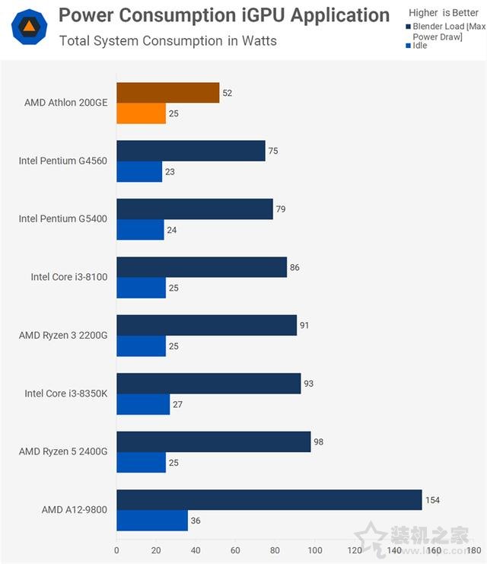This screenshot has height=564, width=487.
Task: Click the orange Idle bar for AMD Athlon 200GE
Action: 141,113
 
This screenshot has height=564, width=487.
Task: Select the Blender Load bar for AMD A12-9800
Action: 269,500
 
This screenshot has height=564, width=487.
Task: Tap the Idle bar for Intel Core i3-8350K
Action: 143,404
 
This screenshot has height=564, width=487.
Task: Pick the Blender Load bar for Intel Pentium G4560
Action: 190,151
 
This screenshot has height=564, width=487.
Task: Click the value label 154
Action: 433,500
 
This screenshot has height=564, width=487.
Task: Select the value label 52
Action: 227,93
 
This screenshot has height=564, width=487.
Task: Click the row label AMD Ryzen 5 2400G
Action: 63,451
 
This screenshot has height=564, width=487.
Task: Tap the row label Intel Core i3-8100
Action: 69,277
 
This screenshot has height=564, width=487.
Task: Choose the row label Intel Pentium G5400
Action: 63,218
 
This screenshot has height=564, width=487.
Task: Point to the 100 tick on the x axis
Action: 315,550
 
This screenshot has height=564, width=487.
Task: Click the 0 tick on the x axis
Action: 116,550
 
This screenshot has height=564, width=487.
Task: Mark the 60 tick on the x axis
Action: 236,550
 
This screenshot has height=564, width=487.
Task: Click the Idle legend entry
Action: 419,46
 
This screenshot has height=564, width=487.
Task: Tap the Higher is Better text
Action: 444,13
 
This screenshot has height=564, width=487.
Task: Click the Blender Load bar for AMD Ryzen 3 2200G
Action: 206,326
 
